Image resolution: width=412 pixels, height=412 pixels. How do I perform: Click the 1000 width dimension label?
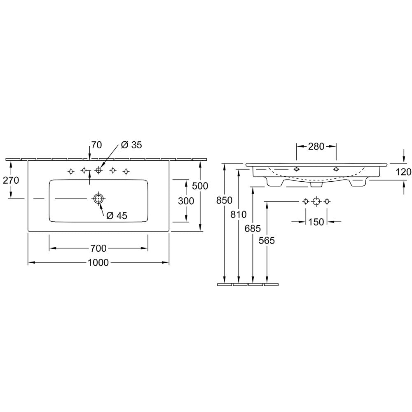click(98, 262)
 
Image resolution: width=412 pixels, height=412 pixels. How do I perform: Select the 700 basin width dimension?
click(98, 248)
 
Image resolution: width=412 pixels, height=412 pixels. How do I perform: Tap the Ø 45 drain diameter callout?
click(117, 216)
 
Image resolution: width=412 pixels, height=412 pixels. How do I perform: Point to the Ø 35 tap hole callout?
click(131, 145)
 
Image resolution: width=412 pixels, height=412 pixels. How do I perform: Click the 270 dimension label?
click(11, 180)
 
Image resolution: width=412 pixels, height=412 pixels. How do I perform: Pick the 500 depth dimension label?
click(200, 186)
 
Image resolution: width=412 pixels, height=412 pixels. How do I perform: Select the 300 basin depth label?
click(186, 201)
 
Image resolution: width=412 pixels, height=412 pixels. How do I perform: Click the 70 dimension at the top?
click(96, 145)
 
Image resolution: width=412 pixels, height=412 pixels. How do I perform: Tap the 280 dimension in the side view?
click(316, 146)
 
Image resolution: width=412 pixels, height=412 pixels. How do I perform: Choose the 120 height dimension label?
click(403, 172)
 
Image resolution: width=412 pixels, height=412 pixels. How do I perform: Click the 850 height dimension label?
click(225, 200)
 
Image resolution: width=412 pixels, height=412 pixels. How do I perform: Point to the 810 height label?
click(239, 214)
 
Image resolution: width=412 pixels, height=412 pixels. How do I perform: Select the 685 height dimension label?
click(253, 229)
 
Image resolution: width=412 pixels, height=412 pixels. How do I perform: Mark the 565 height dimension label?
click(267, 240)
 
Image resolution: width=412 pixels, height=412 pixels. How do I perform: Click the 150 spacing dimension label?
click(316, 222)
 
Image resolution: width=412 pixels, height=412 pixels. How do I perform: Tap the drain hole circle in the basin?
click(98, 199)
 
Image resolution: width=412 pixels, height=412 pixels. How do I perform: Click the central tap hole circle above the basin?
click(98, 170)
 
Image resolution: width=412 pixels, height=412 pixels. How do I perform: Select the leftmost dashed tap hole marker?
click(71, 171)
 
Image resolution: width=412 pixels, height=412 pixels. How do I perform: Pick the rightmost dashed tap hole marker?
click(126, 171)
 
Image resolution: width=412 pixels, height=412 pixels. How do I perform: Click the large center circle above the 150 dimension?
click(316, 201)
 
